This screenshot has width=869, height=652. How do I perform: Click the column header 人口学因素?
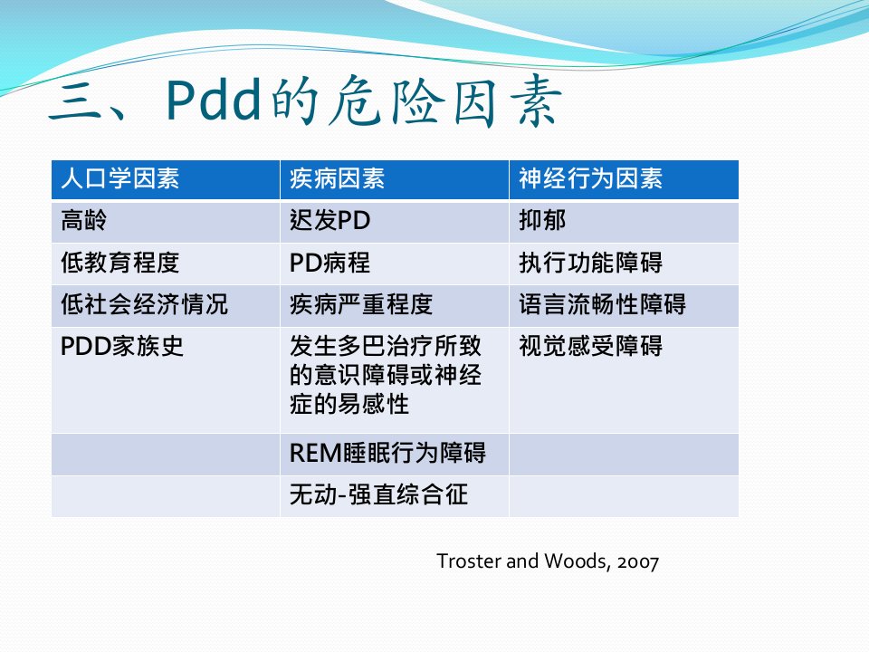120,178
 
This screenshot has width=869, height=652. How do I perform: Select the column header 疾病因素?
337,178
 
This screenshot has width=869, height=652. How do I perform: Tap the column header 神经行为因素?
591,178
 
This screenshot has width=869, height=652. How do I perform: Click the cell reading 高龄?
83,220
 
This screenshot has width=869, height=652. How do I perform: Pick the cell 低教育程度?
120,263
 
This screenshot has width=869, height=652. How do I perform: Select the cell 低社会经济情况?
144,304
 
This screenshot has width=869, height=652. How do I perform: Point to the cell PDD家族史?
122,346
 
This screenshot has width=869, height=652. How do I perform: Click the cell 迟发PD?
329,220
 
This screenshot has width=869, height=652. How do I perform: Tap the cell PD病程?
329,263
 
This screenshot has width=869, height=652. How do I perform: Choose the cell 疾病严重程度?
361,304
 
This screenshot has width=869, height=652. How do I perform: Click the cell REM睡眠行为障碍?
387,453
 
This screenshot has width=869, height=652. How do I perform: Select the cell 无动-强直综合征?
378,494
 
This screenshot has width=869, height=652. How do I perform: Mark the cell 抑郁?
542,220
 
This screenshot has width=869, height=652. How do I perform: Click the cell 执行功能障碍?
591,263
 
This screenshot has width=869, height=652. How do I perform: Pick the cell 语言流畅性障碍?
603,304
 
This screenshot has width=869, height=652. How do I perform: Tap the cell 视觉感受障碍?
591,346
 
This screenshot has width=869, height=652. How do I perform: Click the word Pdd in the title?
214,100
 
